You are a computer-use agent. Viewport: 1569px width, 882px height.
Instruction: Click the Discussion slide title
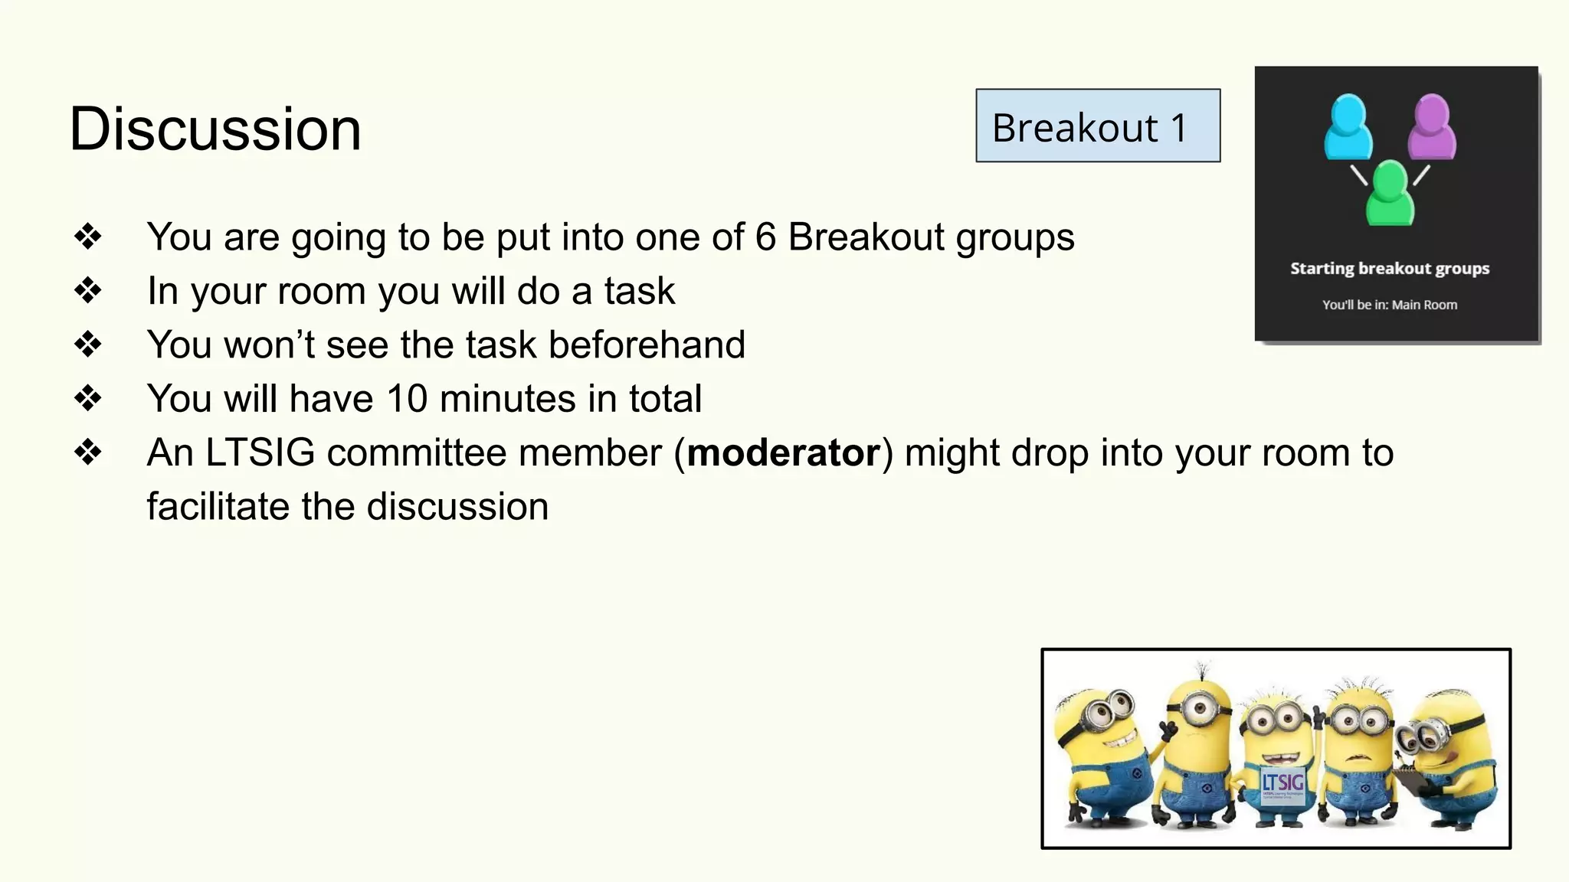click(215, 129)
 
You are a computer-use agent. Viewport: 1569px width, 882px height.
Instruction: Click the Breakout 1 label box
click(1097, 126)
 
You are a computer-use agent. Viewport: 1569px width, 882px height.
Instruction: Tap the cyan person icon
click(1348, 126)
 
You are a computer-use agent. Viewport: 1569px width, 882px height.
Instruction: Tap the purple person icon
click(1431, 126)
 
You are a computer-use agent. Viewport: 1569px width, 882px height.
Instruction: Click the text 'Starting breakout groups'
click(1389, 268)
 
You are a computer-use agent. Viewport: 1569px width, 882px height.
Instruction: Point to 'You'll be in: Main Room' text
click(1389, 305)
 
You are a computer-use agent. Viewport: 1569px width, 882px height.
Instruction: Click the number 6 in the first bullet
click(765, 237)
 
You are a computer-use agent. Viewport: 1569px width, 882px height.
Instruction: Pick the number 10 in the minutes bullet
click(406, 398)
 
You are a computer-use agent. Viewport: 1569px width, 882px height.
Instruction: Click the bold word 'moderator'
click(783, 452)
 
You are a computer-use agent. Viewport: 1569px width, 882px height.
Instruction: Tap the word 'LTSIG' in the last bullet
click(260, 452)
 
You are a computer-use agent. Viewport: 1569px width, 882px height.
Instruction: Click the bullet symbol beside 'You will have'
click(88, 398)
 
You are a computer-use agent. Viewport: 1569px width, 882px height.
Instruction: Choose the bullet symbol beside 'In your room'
click(88, 291)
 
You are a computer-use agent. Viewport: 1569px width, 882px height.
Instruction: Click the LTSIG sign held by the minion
click(1282, 782)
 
